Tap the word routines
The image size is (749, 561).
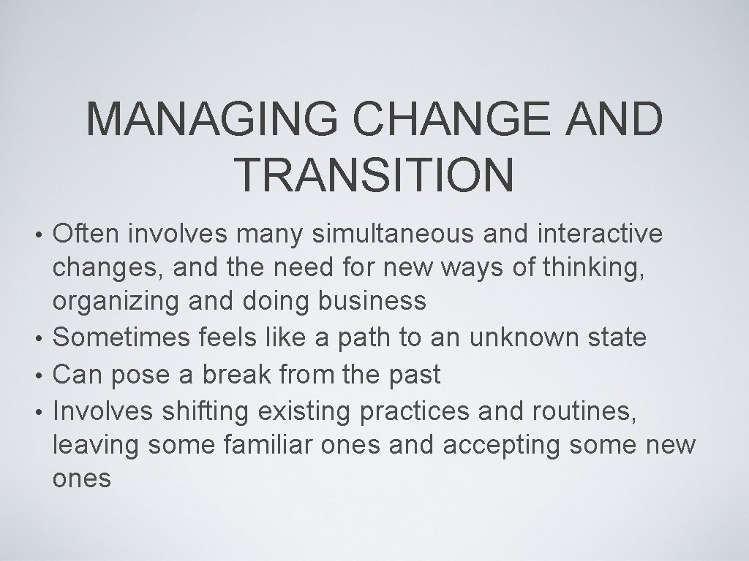571,412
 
